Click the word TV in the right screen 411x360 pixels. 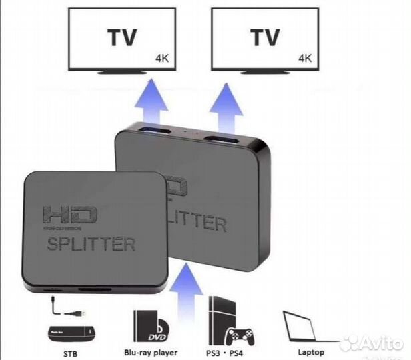click(x=265, y=39)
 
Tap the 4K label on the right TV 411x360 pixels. click(x=306, y=58)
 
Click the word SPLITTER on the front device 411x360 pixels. click(x=91, y=244)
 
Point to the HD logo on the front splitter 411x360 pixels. click(x=69, y=215)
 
